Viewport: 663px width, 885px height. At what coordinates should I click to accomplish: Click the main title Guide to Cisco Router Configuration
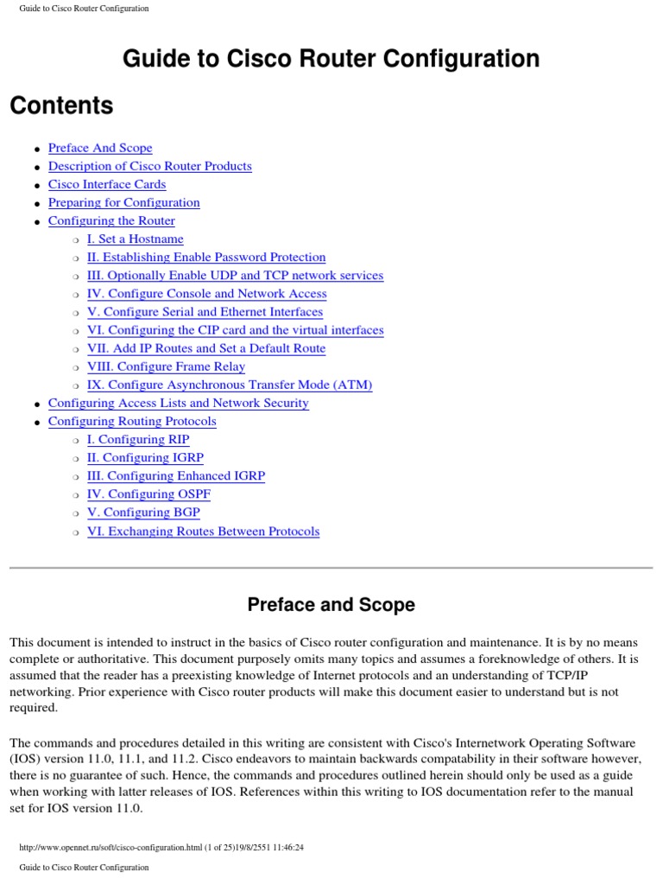pyautogui.click(x=331, y=59)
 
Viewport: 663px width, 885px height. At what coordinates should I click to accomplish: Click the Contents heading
pyautogui.click(x=61, y=105)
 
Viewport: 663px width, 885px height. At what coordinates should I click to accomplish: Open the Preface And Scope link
pyautogui.click(x=100, y=148)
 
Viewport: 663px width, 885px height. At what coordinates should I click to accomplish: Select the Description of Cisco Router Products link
pyautogui.click(x=150, y=166)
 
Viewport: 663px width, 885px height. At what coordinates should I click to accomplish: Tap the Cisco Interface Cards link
pyautogui.click(x=107, y=184)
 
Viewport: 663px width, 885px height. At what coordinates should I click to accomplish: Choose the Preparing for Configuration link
pyautogui.click(x=124, y=202)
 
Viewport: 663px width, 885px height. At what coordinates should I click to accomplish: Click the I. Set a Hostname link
pyautogui.click(x=136, y=239)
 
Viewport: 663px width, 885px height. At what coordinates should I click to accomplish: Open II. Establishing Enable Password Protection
pyautogui.click(x=206, y=257)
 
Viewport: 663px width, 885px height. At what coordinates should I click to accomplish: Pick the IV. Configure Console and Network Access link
pyautogui.click(x=207, y=294)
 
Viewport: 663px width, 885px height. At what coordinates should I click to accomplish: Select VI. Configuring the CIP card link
pyautogui.click(x=236, y=330)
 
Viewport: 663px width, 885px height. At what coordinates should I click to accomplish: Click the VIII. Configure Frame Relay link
pyautogui.click(x=167, y=366)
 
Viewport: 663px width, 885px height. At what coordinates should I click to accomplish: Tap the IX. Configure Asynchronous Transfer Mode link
pyautogui.click(x=230, y=385)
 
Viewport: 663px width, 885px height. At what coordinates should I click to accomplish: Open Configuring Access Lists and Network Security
pyautogui.click(x=178, y=403)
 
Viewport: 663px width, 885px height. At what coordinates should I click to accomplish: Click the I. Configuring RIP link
pyautogui.click(x=138, y=440)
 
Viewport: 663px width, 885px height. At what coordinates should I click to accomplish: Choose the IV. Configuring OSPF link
pyautogui.click(x=149, y=494)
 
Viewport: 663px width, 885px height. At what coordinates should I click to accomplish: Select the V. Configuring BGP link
pyautogui.click(x=143, y=513)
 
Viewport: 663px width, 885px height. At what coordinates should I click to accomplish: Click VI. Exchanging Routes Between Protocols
pyautogui.click(x=204, y=532)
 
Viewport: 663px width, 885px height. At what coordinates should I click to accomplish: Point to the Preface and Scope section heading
pyautogui.click(x=331, y=605)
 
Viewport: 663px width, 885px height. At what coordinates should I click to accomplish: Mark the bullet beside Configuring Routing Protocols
pyautogui.click(x=37, y=423)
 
